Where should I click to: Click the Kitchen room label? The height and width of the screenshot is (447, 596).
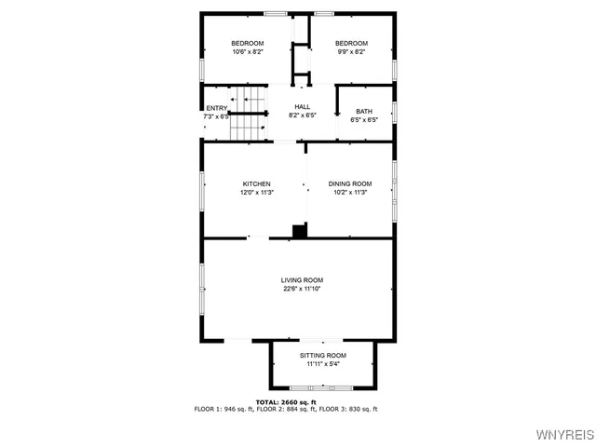256,183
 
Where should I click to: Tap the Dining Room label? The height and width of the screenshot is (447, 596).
349,183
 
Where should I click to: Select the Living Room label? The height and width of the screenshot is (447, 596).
303,280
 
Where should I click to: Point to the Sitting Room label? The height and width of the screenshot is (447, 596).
322,356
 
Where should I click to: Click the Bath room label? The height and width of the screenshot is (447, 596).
363,111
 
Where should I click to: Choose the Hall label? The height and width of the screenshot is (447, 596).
303,107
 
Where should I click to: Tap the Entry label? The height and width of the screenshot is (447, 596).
216,108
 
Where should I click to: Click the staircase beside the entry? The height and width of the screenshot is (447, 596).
248,124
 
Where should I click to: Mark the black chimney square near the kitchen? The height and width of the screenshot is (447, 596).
299,230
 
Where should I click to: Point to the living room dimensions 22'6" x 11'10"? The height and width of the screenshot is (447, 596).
303,290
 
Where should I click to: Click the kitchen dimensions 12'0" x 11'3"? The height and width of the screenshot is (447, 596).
256,193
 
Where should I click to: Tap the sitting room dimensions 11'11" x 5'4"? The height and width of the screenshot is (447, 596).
322,365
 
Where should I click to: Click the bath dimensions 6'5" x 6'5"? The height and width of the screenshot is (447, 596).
363,120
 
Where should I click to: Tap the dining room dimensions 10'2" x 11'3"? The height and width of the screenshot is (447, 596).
349,193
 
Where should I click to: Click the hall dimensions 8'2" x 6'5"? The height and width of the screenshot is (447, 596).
303,116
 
